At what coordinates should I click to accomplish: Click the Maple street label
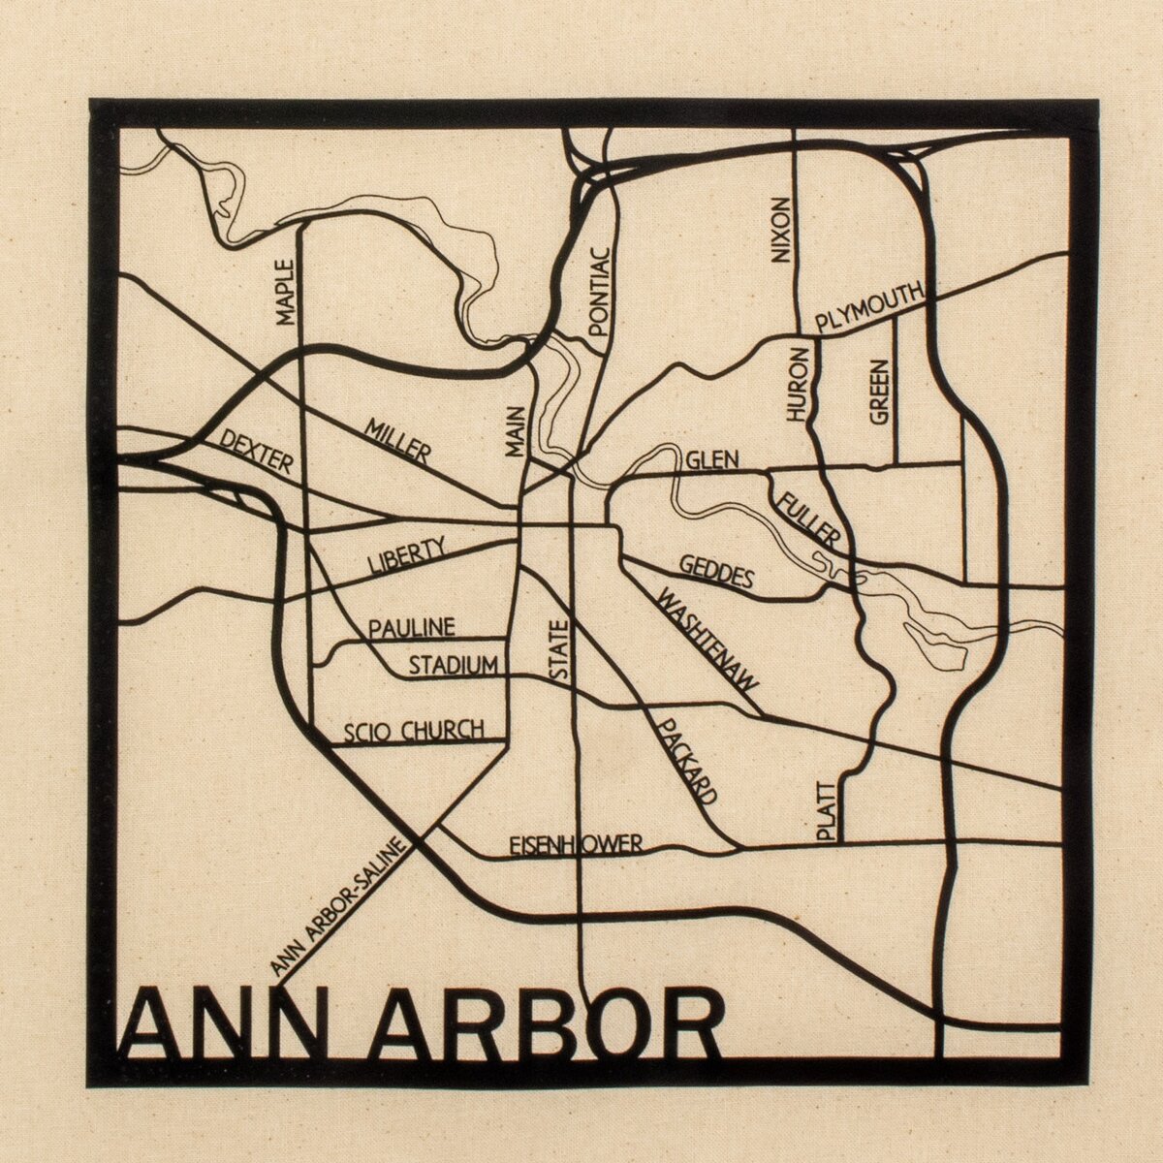tap(285, 292)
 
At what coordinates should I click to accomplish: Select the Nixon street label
tap(780, 231)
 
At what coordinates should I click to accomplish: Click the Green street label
tap(878, 392)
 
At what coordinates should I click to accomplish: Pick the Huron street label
tap(797, 384)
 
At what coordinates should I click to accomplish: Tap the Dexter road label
tap(256, 452)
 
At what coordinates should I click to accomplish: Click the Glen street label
tap(712, 459)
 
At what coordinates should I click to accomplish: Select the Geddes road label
tap(716, 573)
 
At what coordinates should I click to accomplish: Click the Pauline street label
tap(411, 628)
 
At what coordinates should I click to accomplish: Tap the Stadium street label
tap(453, 666)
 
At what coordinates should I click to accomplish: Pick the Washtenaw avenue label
tap(707, 639)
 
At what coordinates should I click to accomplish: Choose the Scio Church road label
tap(413, 731)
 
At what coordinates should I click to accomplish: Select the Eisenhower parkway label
tap(576, 845)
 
